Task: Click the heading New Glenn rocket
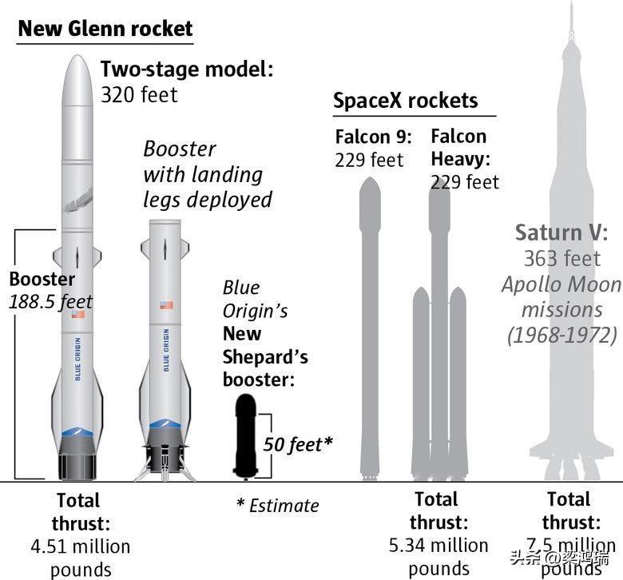click(105, 30)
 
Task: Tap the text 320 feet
click(139, 94)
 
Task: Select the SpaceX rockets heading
click(405, 101)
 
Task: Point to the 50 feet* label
click(298, 443)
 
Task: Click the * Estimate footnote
click(277, 505)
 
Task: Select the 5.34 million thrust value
click(438, 545)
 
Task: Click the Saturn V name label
click(561, 232)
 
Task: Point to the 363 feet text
click(561, 258)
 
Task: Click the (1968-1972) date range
click(561, 334)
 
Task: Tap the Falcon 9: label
click(373, 137)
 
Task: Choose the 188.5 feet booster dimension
click(51, 301)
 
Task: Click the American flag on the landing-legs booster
click(166, 305)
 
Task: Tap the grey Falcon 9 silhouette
click(369, 320)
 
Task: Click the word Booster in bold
click(42, 279)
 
